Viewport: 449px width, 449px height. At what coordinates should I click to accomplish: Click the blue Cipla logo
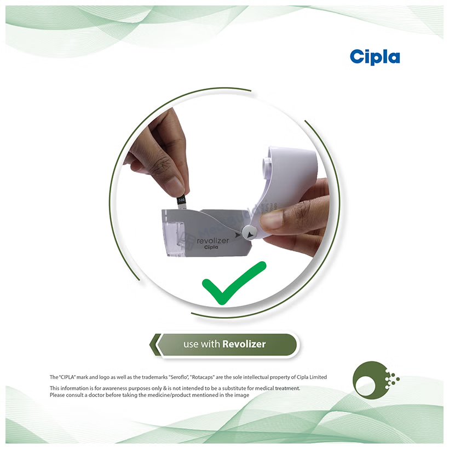[375, 57]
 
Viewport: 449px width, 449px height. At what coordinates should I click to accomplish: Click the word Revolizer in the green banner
[244, 344]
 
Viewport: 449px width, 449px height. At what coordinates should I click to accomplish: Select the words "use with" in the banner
[202, 344]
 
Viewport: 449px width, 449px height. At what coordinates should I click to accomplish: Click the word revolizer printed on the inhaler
[213, 240]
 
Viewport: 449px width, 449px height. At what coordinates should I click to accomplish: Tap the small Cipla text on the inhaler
[211, 247]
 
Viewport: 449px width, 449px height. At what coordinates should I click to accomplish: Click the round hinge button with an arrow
[250, 233]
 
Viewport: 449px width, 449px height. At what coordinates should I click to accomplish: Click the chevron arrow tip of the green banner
[150, 344]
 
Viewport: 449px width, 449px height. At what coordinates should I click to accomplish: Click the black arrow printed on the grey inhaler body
[238, 235]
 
